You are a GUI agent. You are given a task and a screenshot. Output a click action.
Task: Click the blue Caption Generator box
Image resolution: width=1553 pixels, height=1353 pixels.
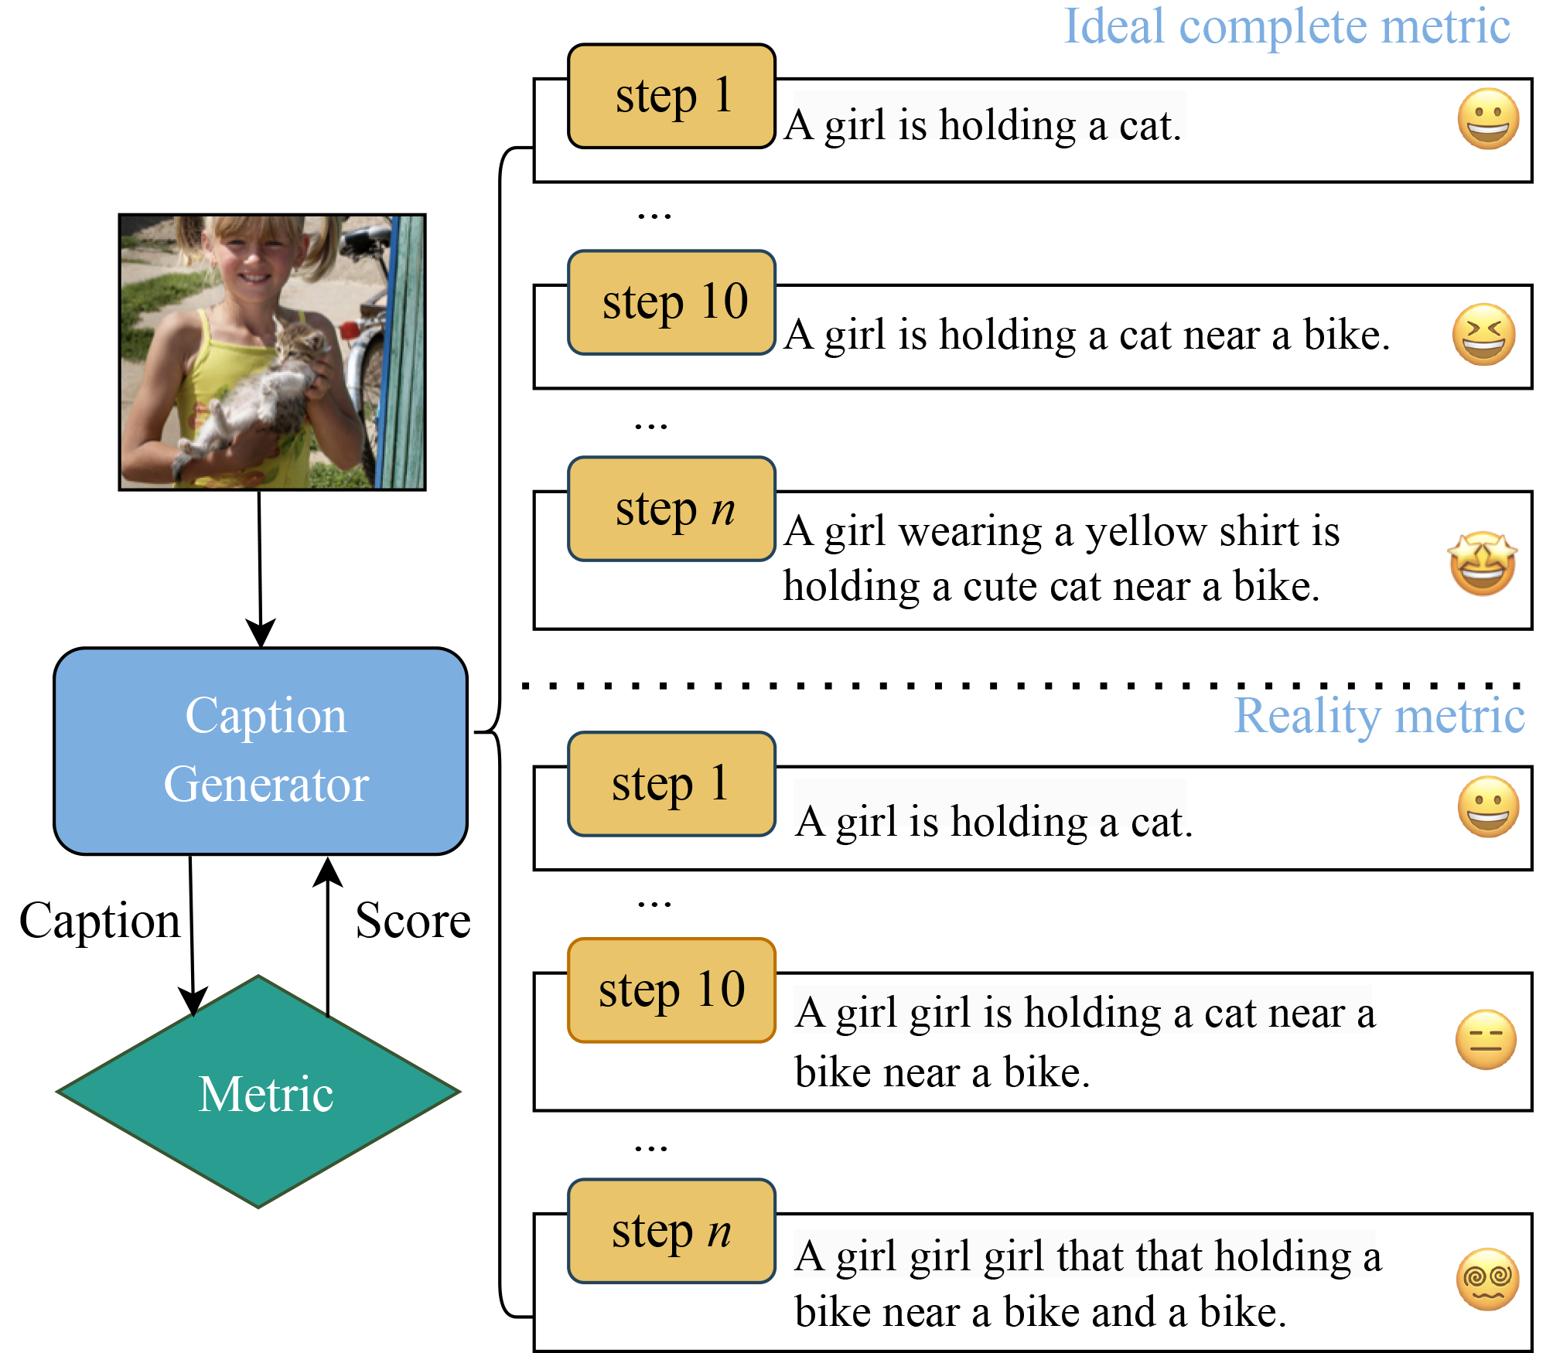(261, 751)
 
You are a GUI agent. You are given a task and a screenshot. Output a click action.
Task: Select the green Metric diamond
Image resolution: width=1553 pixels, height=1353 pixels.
(259, 1092)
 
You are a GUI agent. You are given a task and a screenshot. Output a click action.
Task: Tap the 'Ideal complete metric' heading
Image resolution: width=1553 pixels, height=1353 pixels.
(1286, 26)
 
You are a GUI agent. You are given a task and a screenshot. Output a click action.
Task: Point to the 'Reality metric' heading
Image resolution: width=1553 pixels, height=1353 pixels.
(1379, 715)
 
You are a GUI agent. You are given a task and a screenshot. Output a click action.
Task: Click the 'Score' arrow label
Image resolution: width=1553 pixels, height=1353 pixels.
(413, 921)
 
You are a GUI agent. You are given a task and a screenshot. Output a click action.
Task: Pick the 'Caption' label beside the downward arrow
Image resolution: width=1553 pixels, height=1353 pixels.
(100, 921)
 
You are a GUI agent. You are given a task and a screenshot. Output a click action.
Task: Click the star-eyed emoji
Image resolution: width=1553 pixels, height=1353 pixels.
(1482, 564)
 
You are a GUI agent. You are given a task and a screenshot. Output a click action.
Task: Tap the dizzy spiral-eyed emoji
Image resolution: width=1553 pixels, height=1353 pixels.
(1487, 1279)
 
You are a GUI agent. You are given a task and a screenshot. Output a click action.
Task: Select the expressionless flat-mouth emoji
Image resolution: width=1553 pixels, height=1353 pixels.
(1486, 1039)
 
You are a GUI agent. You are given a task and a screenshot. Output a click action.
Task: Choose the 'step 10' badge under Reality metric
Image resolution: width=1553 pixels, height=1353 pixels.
(671, 990)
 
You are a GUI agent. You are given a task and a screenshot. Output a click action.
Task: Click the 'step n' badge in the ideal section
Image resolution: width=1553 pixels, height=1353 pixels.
(671, 509)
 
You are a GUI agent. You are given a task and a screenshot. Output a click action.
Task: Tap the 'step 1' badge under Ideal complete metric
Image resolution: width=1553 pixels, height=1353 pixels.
(671, 96)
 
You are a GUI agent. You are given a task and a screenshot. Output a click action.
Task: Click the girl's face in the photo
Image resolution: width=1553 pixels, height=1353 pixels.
(249, 263)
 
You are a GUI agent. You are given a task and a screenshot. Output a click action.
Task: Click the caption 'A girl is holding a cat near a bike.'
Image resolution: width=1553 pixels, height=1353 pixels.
(1087, 336)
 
